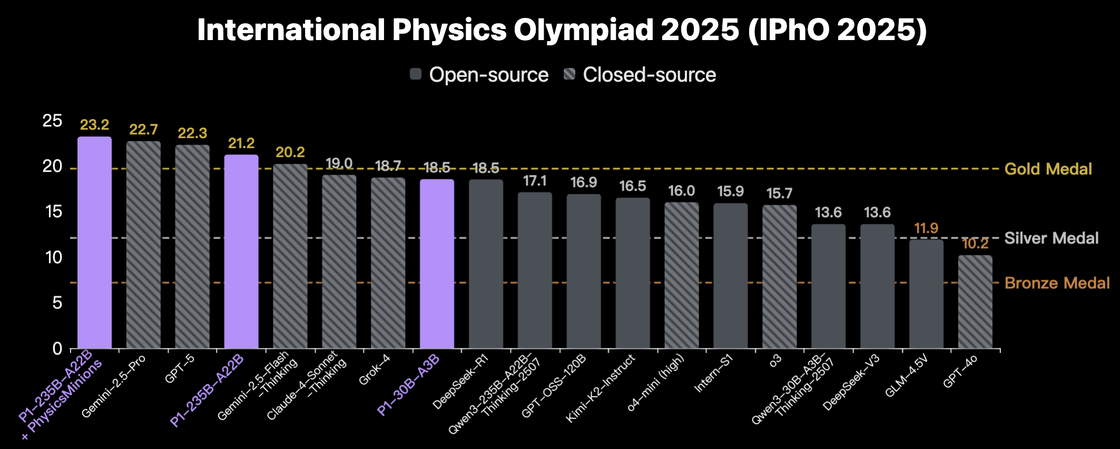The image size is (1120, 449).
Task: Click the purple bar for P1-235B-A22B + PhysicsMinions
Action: click(95, 242)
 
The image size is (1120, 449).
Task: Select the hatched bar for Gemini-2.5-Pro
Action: click(143, 245)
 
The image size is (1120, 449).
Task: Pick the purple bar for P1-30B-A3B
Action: click(437, 263)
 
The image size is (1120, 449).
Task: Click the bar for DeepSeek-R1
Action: click(486, 263)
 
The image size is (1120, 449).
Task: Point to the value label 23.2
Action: click(95, 125)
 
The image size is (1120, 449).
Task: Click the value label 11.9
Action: click(926, 228)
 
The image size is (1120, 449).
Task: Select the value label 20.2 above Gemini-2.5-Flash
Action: click(290, 152)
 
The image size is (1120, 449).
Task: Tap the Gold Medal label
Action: click(1048, 169)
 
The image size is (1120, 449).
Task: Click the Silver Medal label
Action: click(1051, 238)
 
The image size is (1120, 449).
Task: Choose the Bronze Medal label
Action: click(1057, 283)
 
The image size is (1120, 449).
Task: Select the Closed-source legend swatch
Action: click(569, 74)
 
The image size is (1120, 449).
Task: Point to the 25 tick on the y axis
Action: click(52, 121)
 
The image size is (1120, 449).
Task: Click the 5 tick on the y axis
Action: click(57, 303)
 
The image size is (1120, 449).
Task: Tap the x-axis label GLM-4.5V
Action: click(906, 376)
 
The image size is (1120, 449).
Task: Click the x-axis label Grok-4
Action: click(374, 370)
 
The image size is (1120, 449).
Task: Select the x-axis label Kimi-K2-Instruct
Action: click(601, 388)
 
